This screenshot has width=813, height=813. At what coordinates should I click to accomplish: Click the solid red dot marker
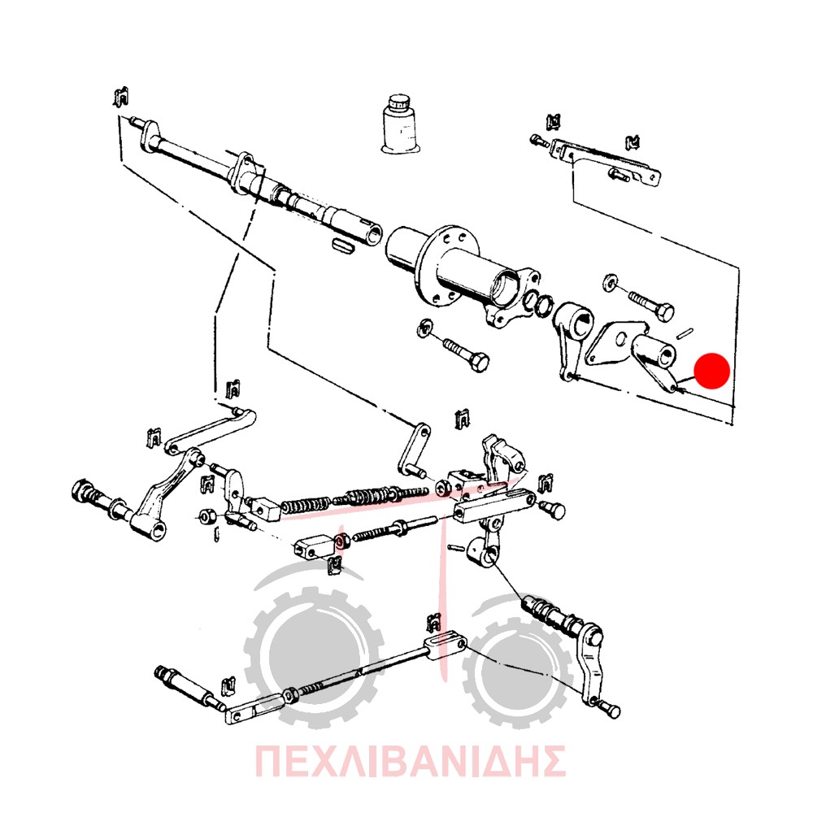tap(712, 371)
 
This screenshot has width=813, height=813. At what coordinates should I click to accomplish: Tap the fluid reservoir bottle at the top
tap(400, 124)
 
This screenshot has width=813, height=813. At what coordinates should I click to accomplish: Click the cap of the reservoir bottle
tap(400, 101)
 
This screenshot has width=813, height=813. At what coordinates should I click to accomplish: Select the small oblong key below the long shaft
tap(343, 246)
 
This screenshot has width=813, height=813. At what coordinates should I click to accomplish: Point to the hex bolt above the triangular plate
tap(652, 305)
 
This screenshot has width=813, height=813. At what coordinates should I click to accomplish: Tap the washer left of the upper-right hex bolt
tap(610, 280)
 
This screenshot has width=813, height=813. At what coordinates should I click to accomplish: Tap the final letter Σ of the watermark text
tap(550, 761)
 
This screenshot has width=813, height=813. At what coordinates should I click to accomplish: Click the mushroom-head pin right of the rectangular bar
tap(553, 509)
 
